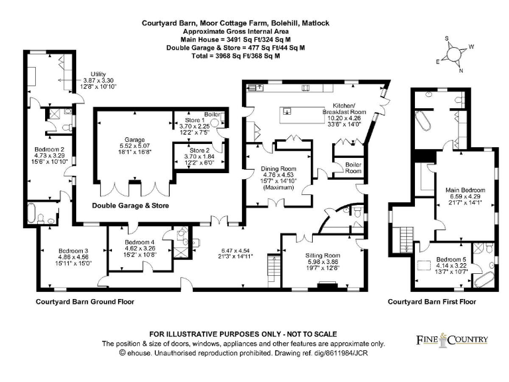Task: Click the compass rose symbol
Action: pyautogui.click(x=457, y=55)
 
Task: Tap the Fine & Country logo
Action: pyautogui.click(x=452, y=340)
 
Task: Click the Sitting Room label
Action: pyautogui.click(x=323, y=255)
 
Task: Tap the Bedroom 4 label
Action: pyautogui.click(x=139, y=242)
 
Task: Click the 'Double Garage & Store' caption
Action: pyautogui.click(x=130, y=206)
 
